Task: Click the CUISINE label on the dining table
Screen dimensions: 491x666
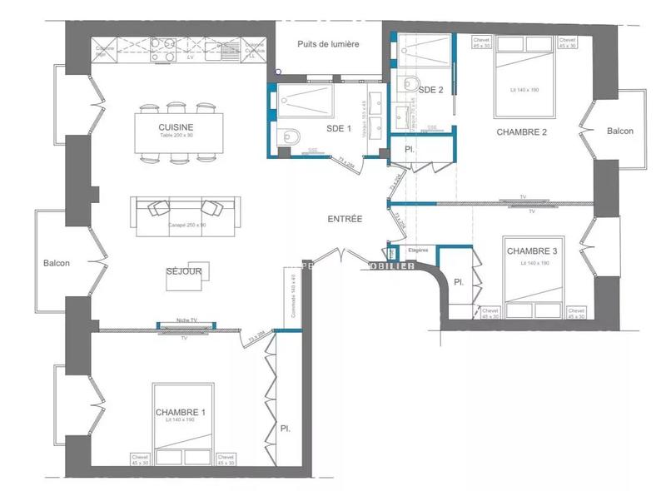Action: (x=176, y=126)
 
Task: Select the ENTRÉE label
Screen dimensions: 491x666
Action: (x=345, y=219)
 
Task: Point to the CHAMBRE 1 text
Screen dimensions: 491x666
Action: (x=180, y=413)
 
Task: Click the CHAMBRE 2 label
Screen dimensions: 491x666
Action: (x=521, y=131)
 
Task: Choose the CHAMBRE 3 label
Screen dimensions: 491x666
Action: (x=530, y=251)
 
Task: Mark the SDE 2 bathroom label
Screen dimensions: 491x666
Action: (x=430, y=89)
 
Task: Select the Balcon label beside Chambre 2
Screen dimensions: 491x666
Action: (x=619, y=131)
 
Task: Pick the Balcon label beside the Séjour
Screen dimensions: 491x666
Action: (x=57, y=263)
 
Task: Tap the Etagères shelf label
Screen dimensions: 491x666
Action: (x=417, y=249)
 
